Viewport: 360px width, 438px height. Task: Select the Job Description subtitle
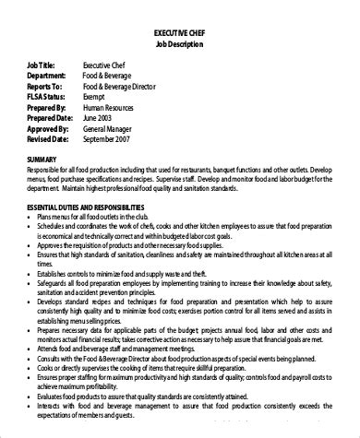[x=180, y=44]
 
